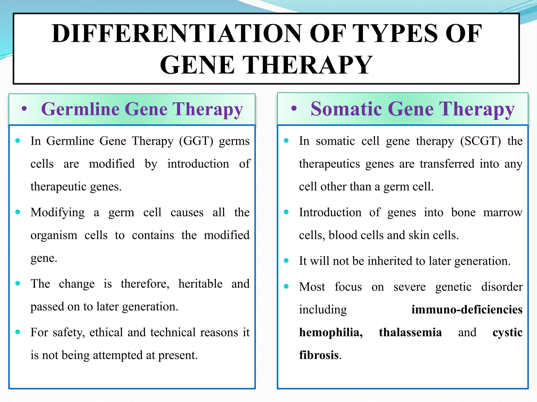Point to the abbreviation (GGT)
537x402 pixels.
click(196, 141)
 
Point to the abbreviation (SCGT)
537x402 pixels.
click(480, 141)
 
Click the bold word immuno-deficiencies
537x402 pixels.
click(467, 310)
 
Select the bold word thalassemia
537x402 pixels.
click(410, 332)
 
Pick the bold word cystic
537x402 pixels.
click(507, 332)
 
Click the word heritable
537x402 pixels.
click(200, 284)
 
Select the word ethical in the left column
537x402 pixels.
click(106, 332)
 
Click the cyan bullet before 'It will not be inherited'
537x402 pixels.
click(286, 261)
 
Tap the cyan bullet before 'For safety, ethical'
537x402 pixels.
click(18, 332)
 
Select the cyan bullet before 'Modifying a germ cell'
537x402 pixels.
click(18, 212)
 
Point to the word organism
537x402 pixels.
click(54, 235)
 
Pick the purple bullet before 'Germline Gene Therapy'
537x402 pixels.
click(24, 109)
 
